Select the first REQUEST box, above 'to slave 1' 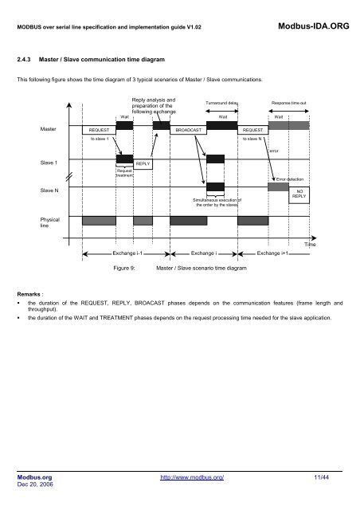[100, 127]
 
